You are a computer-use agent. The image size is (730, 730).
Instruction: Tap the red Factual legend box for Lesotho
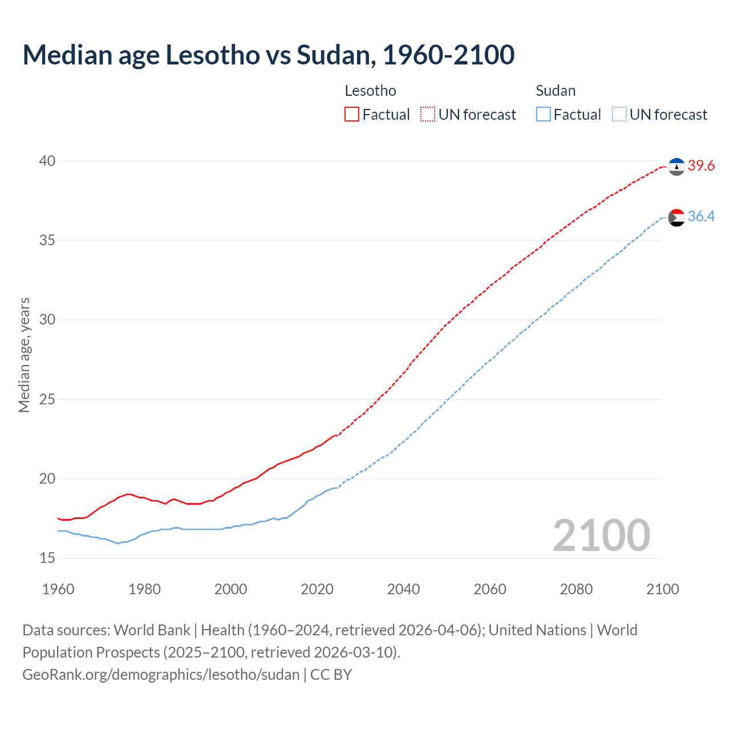click(352, 115)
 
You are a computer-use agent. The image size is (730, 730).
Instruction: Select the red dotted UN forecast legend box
click(428, 115)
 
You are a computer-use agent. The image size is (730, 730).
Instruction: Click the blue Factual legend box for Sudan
click(544, 115)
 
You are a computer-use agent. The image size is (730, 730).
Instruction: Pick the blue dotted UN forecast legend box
click(619, 115)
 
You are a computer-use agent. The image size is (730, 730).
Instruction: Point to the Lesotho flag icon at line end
click(676, 167)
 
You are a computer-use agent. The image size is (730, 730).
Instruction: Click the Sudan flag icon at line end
click(676, 217)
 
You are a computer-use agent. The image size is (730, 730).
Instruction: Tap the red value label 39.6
click(701, 166)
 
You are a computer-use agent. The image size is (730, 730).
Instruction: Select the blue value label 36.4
click(701, 217)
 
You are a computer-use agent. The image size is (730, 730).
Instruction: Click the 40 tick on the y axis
click(47, 161)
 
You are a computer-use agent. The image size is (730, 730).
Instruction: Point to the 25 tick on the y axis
click(47, 399)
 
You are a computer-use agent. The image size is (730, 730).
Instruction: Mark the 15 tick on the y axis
click(47, 558)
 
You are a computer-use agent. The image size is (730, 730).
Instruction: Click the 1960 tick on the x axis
click(58, 589)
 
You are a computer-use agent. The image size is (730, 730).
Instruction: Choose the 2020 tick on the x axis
click(317, 589)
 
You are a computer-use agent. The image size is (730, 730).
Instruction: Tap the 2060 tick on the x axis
click(490, 589)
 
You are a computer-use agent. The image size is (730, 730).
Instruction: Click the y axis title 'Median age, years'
click(24, 355)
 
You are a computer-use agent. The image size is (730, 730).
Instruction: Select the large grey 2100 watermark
click(601, 535)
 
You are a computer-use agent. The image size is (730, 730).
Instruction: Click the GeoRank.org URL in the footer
click(161, 675)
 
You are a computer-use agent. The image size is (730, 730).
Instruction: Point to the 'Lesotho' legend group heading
click(371, 91)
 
